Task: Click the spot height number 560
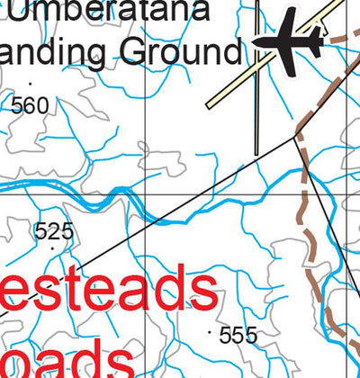click(30, 106)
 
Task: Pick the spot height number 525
click(53, 231)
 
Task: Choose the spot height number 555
click(238, 336)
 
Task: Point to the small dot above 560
click(31, 84)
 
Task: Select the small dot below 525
click(53, 247)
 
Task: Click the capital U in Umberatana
click(17, 12)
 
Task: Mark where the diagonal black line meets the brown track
click(296, 137)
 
